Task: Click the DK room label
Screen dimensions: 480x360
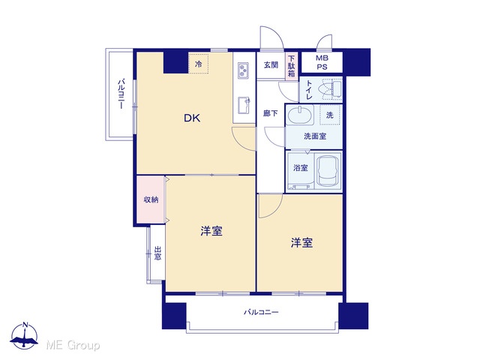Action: tap(192, 118)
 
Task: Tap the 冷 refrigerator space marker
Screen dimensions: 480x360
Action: tap(198, 64)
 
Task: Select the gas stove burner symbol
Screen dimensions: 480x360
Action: tap(244, 70)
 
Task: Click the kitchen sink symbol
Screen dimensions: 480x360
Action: tap(244, 105)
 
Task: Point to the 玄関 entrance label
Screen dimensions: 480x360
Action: tap(271, 65)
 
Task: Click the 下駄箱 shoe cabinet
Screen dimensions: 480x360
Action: tap(292, 66)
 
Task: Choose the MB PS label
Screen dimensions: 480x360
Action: tap(322, 62)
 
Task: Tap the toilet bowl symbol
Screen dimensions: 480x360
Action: tap(329, 89)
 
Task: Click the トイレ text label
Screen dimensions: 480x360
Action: tap(309, 90)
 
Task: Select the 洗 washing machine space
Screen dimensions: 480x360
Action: tap(330, 115)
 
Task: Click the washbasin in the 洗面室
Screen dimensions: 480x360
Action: tap(300, 115)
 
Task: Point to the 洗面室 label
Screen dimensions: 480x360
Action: tap(315, 136)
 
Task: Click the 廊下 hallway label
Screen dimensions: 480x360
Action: tap(271, 113)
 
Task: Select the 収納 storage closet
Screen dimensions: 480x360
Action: tap(151, 199)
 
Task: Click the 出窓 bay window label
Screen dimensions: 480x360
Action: tap(157, 253)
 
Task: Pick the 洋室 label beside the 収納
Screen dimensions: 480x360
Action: tap(211, 231)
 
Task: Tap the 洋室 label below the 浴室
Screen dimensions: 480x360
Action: tap(301, 243)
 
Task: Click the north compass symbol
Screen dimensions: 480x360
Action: tap(25, 336)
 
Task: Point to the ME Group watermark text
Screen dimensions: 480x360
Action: tap(73, 345)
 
